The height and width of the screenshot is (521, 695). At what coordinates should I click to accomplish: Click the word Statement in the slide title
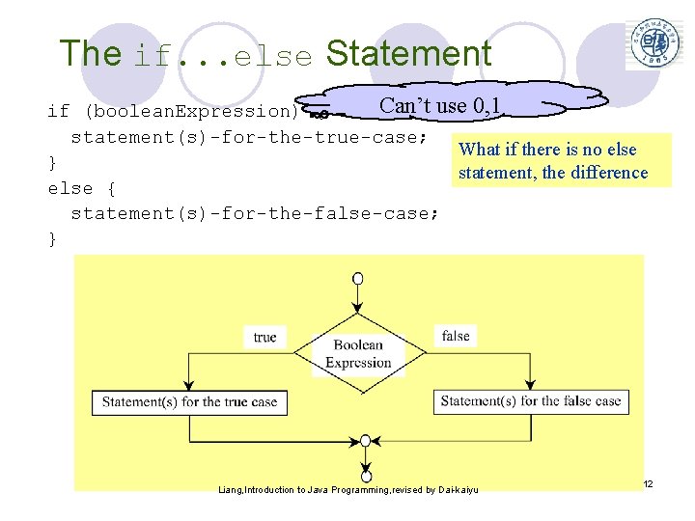click(408, 54)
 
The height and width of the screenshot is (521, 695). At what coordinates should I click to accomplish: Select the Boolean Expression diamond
click(358, 354)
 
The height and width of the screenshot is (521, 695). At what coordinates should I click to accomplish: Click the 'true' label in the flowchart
click(264, 337)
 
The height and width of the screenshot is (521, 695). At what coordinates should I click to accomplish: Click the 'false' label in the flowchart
click(456, 336)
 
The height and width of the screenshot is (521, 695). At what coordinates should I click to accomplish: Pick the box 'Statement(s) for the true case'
click(189, 401)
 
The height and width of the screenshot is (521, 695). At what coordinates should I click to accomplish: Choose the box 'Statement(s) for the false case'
click(531, 400)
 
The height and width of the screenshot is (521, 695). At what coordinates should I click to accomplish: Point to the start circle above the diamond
click(358, 279)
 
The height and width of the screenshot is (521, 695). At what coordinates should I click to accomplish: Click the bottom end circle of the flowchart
click(366, 476)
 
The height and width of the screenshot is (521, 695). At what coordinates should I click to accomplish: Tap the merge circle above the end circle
click(365, 441)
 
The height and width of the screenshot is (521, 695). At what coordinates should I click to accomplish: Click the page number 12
click(648, 482)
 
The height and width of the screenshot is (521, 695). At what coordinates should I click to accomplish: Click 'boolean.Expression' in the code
click(192, 111)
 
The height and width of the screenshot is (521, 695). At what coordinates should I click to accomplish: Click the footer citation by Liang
click(348, 490)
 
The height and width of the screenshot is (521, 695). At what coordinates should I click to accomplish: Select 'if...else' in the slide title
click(223, 56)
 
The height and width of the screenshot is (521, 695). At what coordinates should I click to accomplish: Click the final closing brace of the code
click(52, 238)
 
